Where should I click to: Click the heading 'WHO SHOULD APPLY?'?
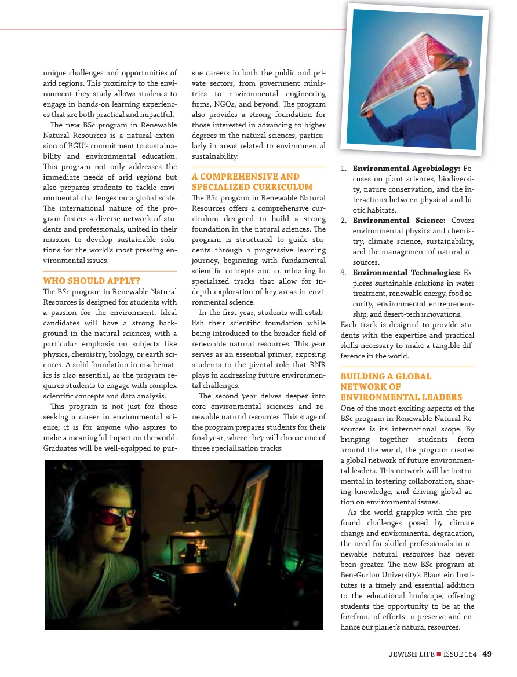92,281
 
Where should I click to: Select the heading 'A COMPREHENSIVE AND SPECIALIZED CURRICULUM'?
245,181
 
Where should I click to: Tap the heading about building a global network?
401,386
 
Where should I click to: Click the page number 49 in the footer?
487,654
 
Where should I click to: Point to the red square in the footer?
439,654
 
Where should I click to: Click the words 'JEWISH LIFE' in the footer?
411,654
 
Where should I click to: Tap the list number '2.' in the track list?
344,221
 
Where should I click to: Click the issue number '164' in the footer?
470,654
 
